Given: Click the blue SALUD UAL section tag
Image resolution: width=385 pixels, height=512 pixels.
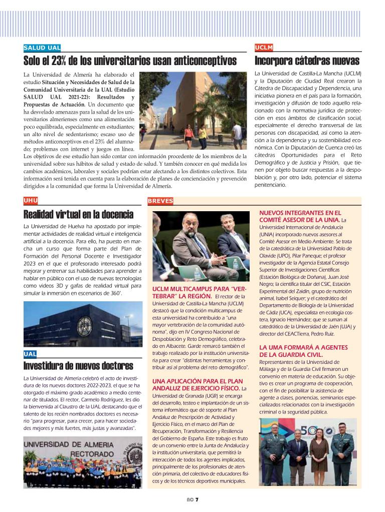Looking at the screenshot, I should (42, 48).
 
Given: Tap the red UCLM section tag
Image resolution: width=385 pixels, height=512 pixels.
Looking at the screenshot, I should (264, 48).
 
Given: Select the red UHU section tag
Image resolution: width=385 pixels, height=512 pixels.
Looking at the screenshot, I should (31, 201).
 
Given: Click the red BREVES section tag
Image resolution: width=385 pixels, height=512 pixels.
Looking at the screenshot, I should (160, 201).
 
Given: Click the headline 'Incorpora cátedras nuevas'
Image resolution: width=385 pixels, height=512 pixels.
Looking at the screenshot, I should (307, 61).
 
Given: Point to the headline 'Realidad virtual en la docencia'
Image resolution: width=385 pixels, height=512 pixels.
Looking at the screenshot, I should (78, 214).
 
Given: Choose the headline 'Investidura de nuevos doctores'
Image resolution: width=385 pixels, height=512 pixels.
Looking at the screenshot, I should (78, 365).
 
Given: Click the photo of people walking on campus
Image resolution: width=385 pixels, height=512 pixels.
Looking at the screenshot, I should (194, 111).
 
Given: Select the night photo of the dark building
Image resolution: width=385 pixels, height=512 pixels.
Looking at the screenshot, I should (83, 324).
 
